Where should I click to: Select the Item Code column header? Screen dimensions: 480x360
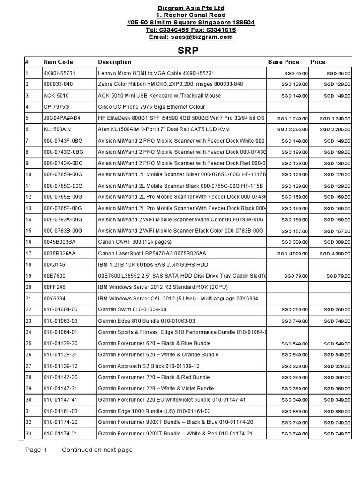58,62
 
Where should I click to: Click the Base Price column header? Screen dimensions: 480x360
283,62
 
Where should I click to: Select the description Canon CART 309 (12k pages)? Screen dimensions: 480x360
135,242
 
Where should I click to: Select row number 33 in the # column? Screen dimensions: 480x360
29,433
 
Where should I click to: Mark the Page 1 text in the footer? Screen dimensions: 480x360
36,450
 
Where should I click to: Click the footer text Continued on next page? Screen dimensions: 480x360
97,450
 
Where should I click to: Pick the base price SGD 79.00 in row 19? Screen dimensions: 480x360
297,276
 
